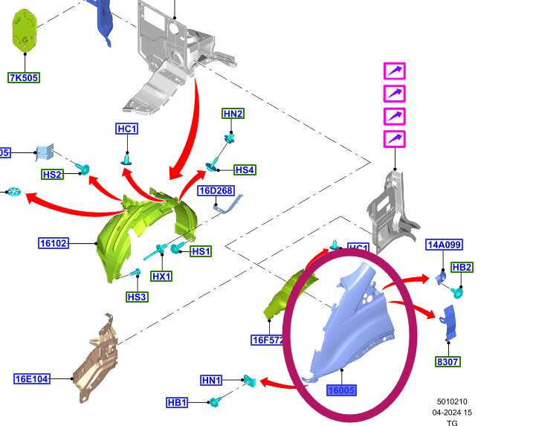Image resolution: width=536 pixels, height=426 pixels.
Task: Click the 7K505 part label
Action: point(24,77)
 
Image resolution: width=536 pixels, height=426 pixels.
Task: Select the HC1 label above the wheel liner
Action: point(127,129)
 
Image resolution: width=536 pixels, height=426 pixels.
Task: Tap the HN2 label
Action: point(233,114)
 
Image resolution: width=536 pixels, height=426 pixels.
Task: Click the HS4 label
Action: point(245,170)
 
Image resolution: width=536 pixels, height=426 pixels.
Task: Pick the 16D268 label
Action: point(216,191)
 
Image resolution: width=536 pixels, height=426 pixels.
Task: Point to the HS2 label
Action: point(52,174)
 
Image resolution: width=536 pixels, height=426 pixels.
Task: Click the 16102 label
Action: point(54,242)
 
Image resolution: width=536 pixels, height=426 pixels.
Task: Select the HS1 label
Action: point(200,251)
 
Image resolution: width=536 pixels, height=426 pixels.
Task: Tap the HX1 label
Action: point(161,277)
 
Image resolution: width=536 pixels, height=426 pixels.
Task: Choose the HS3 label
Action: point(137,297)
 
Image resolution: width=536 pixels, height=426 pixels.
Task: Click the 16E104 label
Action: point(32,379)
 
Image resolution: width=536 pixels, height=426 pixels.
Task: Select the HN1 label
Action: point(211,381)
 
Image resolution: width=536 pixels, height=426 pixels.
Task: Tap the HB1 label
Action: point(177,403)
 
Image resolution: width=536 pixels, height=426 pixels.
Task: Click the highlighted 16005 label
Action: point(341,389)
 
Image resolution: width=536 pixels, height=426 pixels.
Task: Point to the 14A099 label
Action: point(444,245)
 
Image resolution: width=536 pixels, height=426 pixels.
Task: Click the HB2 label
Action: point(462,268)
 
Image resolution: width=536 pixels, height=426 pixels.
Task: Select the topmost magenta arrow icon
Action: point(394,71)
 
